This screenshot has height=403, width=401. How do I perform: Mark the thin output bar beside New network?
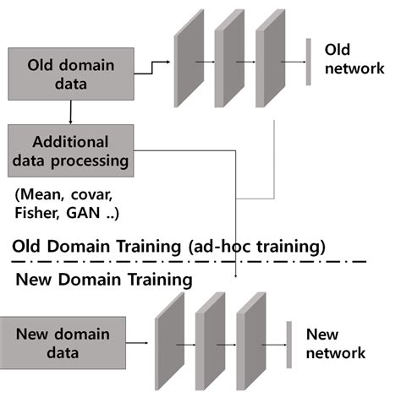click(x=288, y=344)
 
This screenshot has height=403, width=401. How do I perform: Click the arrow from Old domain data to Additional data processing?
click(x=70, y=112)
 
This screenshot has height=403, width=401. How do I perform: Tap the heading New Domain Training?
click(x=102, y=278)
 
